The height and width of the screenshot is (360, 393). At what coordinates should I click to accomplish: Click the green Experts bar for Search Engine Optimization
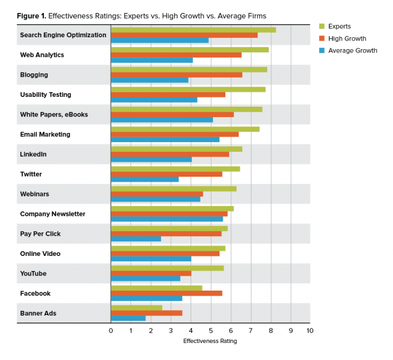193,29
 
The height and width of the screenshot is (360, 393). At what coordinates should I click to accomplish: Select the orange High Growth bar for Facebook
166,293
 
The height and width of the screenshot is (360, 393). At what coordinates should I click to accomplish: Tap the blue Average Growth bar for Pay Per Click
136,239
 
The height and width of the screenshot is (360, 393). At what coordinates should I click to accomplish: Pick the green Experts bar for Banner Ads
136,307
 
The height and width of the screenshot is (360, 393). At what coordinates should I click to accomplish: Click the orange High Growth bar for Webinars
157,194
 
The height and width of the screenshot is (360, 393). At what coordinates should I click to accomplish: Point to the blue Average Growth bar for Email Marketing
165,139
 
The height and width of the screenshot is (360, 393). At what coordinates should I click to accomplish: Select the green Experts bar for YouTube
167,267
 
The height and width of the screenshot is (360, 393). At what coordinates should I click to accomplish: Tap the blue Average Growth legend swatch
322,50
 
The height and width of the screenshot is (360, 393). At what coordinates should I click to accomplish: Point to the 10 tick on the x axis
310,331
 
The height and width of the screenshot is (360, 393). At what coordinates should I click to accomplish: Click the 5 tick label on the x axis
210,331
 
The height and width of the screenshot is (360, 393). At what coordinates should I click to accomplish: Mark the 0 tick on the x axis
111,331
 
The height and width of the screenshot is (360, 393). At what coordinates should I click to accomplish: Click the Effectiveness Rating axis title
210,341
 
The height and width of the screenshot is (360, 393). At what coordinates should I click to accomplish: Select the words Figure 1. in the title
26,15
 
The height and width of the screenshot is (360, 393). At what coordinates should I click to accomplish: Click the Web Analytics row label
42,55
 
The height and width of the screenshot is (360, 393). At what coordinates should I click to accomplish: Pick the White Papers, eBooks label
54,115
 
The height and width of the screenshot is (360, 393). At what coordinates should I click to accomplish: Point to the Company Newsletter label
52,214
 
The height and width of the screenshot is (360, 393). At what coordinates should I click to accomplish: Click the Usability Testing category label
46,95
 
